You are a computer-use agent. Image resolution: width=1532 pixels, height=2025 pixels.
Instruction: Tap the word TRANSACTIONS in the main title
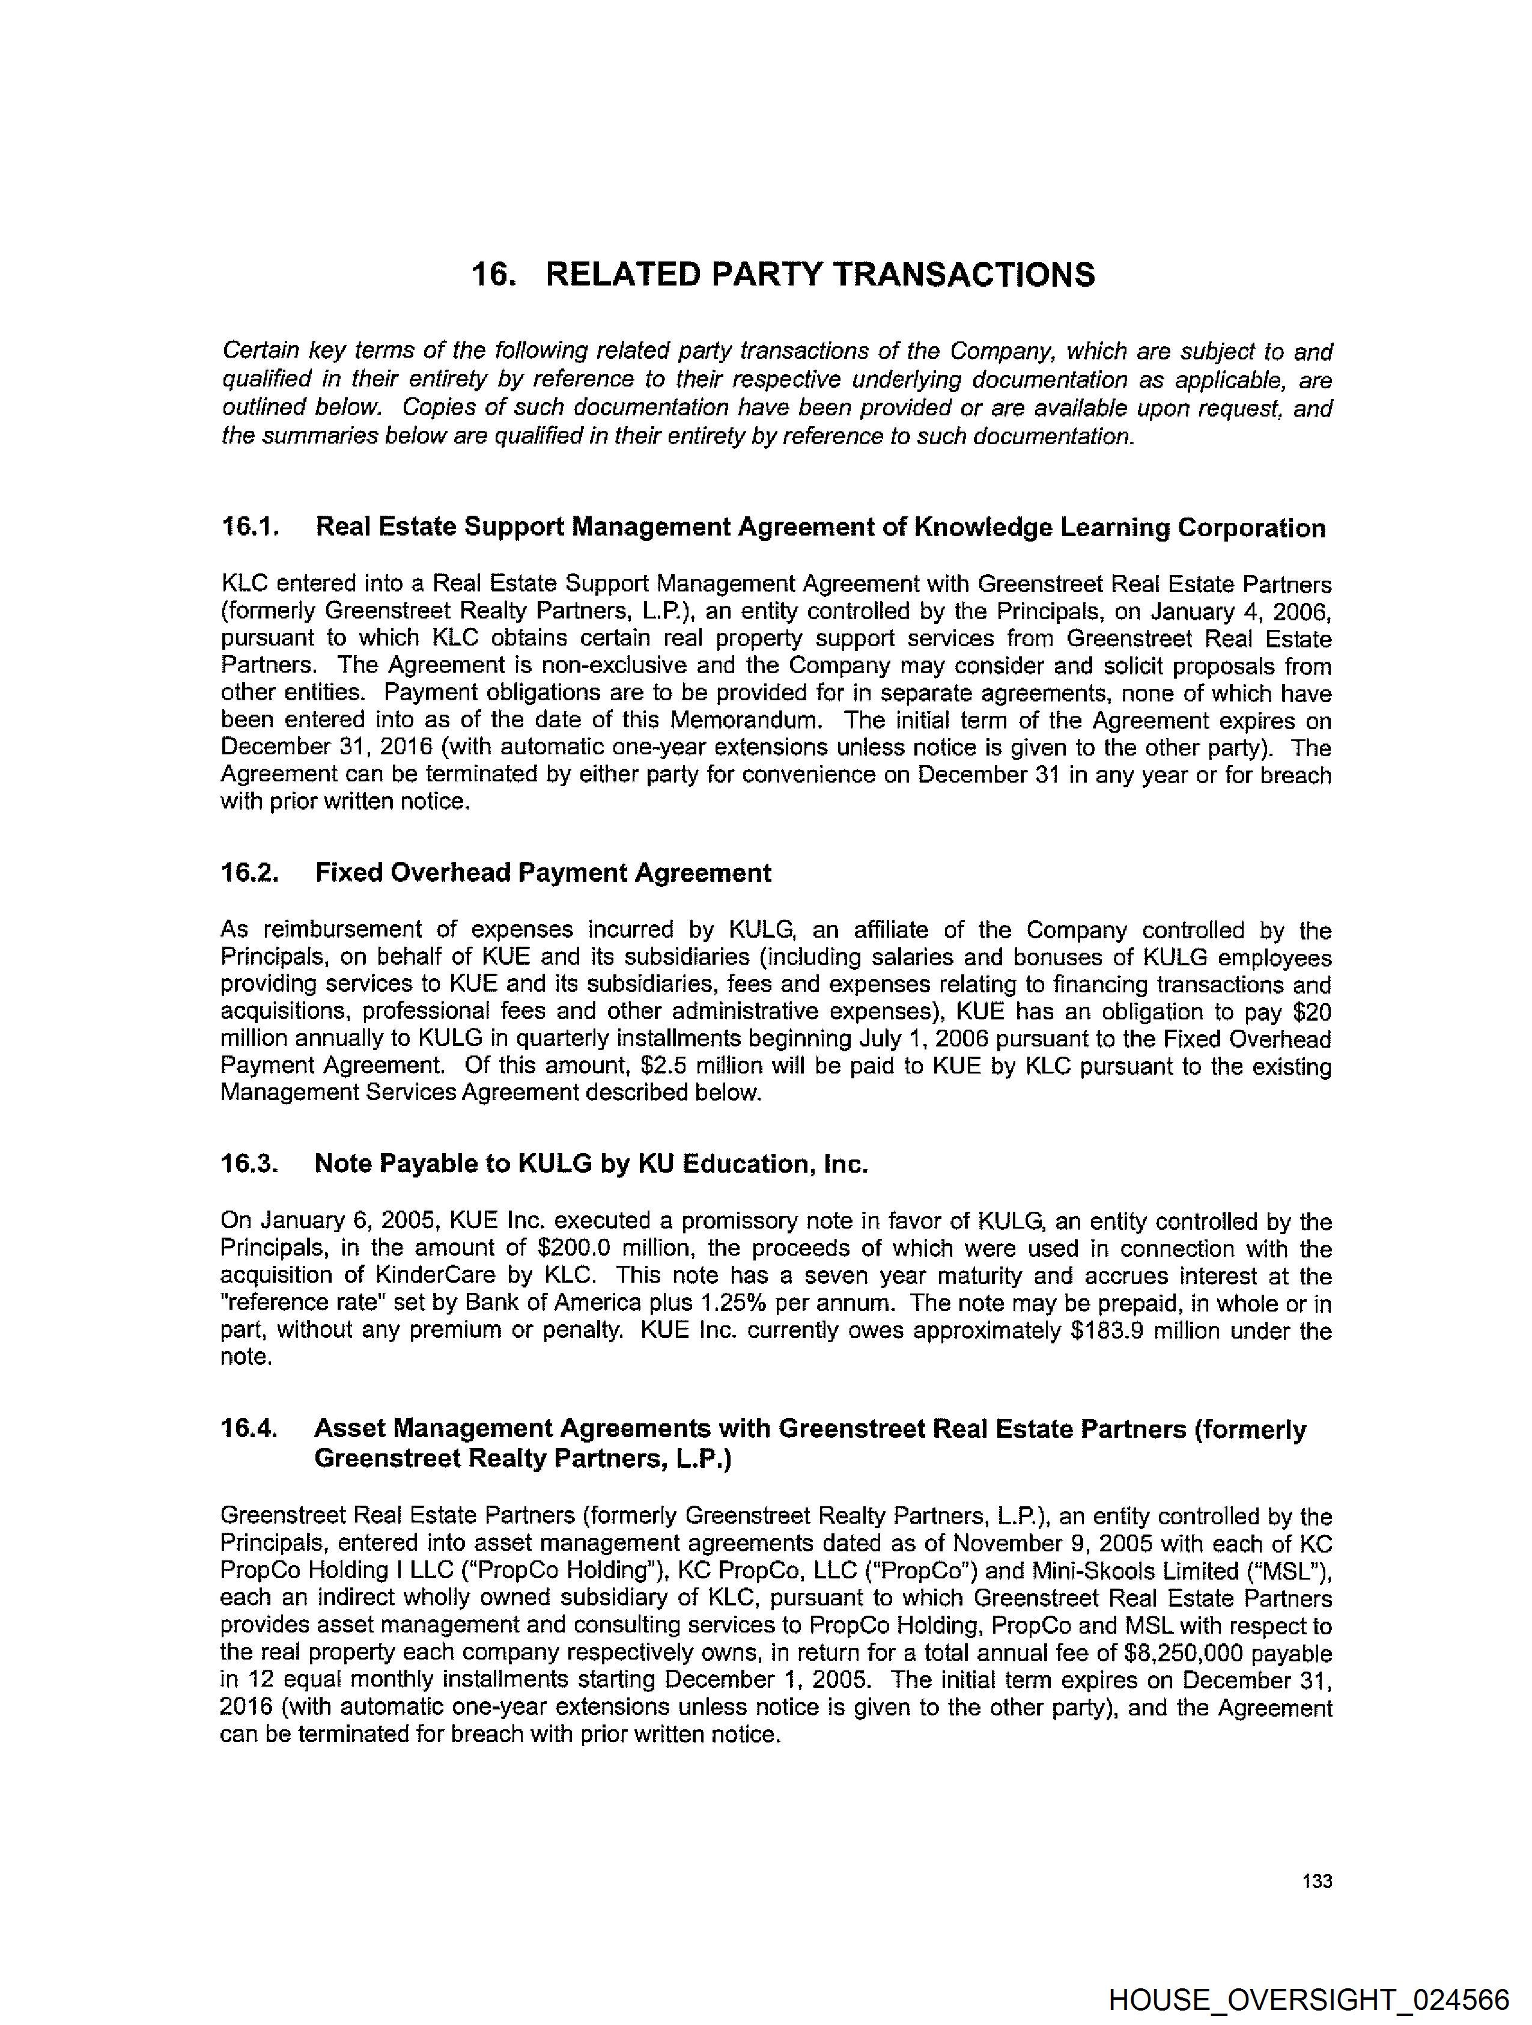pyautogui.click(x=964, y=275)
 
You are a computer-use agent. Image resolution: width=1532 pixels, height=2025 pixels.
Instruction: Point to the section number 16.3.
pyautogui.click(x=248, y=1164)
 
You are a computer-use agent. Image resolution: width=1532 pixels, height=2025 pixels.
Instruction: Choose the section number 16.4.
pyautogui.click(x=248, y=1428)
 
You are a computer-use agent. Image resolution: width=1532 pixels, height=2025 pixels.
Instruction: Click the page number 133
pyautogui.click(x=1317, y=1881)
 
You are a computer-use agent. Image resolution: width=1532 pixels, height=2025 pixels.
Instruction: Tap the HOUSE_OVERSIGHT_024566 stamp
pyautogui.click(x=1309, y=1999)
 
